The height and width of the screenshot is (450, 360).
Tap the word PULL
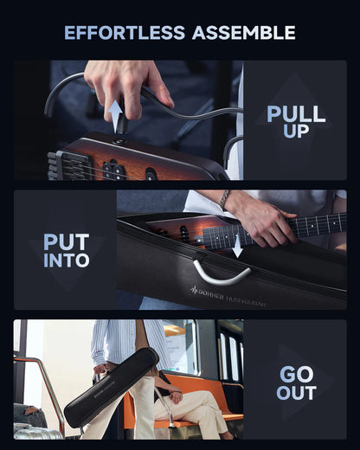coord(296,113)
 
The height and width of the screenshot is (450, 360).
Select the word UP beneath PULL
coord(296,132)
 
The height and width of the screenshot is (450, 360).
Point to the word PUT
coord(67,241)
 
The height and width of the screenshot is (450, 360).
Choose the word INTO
coord(67,260)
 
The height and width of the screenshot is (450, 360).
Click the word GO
coord(296,374)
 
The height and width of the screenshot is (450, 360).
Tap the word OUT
coord(296,393)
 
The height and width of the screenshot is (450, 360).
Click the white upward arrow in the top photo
coord(114,112)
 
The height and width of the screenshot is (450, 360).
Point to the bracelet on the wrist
coord(224,200)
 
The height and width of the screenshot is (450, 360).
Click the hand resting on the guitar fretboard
coord(264,223)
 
